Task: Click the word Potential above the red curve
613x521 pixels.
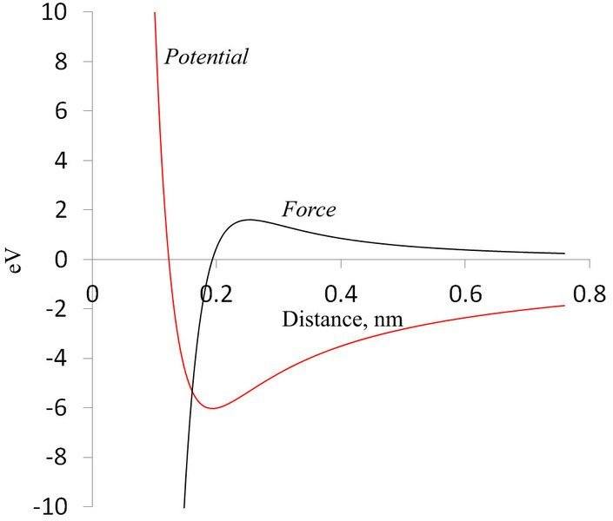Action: click(207, 57)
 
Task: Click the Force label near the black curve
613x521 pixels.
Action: click(308, 209)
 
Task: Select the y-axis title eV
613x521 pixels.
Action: click(15, 259)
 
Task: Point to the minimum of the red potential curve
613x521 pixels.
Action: click(210, 408)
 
